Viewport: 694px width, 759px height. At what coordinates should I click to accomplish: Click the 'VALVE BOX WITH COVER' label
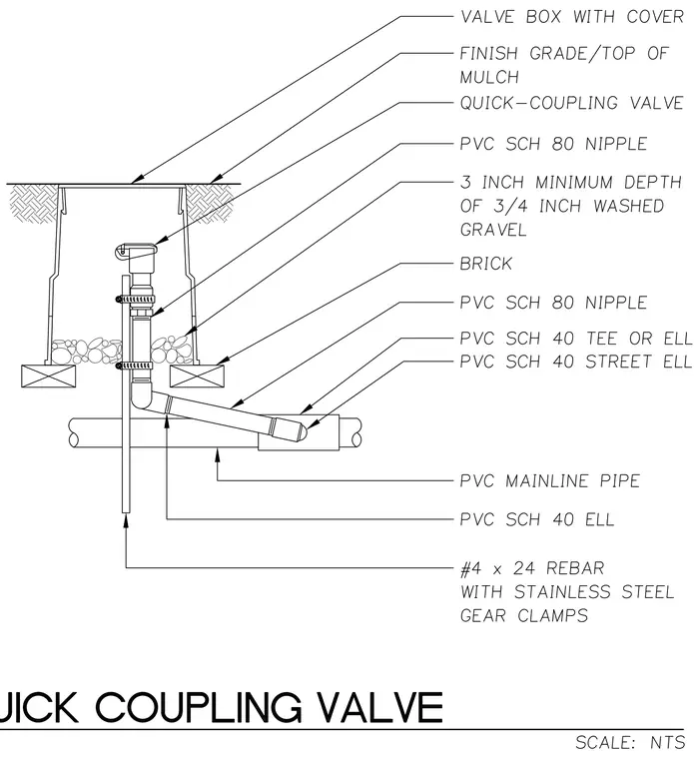coord(571,16)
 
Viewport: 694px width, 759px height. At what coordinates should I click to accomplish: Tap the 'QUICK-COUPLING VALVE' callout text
coord(571,103)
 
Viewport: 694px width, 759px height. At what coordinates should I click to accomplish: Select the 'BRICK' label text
coord(486,264)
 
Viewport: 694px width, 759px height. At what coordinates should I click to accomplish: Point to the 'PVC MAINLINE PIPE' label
coord(550,481)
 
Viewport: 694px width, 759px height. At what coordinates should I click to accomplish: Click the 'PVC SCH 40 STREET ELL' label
coord(576,362)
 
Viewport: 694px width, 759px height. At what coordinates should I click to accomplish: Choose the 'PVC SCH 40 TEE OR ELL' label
coord(576,339)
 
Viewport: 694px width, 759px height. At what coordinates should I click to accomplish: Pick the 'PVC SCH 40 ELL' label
coord(537,519)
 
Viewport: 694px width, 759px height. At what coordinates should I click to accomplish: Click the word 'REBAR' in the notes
coord(575,568)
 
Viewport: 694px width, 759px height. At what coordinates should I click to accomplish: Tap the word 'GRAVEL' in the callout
coord(493,230)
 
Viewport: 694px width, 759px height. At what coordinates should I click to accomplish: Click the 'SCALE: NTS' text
coord(630,742)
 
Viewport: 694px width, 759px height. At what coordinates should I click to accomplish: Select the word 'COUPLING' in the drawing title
coord(199,707)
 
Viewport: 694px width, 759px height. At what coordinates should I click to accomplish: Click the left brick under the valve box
coord(48,377)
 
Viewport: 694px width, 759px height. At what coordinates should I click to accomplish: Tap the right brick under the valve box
coord(197,377)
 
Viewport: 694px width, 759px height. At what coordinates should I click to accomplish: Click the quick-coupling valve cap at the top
coord(136,251)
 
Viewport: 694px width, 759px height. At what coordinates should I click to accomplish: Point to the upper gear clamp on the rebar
coord(135,300)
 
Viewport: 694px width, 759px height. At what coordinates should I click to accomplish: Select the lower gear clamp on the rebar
coord(134,366)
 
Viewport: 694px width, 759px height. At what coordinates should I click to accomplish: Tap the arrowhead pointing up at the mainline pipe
coord(218,452)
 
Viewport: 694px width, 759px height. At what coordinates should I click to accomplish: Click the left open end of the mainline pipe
coord(74,433)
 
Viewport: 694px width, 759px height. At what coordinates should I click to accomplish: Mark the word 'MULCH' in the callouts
coord(489,77)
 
